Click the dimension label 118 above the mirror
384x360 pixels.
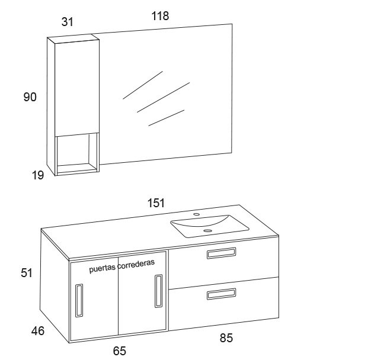160,16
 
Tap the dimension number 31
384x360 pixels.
68,22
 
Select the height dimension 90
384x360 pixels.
30,97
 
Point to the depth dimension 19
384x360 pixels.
38,175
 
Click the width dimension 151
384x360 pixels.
156,203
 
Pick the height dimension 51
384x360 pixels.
27,273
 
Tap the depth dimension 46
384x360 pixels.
38,331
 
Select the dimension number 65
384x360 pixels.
120,351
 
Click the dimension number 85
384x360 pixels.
226,338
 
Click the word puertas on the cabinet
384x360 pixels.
102,269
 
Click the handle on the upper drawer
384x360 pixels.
222,253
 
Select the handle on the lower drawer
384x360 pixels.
222,294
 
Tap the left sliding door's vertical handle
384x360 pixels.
79,300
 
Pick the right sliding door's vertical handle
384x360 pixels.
158,291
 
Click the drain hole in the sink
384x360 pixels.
207,230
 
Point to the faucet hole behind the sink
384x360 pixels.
196,214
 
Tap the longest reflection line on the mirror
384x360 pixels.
164,98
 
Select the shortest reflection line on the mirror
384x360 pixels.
167,118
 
